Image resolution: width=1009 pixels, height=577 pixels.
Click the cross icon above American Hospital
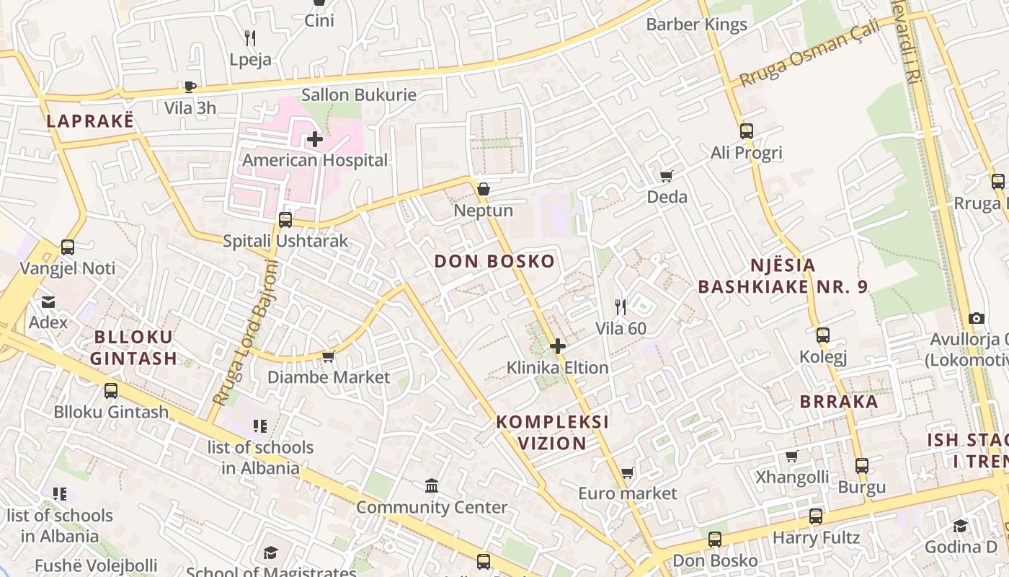[314, 139]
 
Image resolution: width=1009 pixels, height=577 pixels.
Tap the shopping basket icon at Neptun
[484, 189]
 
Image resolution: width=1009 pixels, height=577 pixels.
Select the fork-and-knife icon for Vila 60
[620, 307]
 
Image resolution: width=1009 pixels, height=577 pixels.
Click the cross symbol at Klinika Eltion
[557, 347]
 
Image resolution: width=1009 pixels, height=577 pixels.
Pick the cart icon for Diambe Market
[329, 356]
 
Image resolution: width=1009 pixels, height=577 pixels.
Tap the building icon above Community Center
[432, 486]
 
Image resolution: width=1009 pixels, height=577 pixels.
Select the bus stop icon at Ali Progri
[746, 131]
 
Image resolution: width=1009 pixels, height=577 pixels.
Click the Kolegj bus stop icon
[822, 335]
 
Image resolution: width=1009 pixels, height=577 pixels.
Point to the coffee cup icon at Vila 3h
[190, 87]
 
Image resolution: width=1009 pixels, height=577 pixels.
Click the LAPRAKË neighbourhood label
[90, 121]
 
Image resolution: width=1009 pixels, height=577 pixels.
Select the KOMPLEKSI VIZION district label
[553, 432]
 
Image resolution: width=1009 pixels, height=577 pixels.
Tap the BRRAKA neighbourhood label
[839, 402]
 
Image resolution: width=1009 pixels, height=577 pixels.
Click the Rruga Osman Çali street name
[810, 53]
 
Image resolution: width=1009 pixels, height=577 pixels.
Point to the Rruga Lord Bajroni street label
[245, 333]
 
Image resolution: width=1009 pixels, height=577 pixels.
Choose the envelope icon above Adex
[48, 301]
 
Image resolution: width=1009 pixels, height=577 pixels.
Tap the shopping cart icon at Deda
[667, 176]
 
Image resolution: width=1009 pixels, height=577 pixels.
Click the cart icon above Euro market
[628, 472]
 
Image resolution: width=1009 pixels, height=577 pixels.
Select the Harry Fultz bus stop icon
[815, 516]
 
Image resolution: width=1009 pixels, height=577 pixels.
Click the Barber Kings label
[696, 25]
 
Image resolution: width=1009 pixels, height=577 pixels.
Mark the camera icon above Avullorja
[977, 318]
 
